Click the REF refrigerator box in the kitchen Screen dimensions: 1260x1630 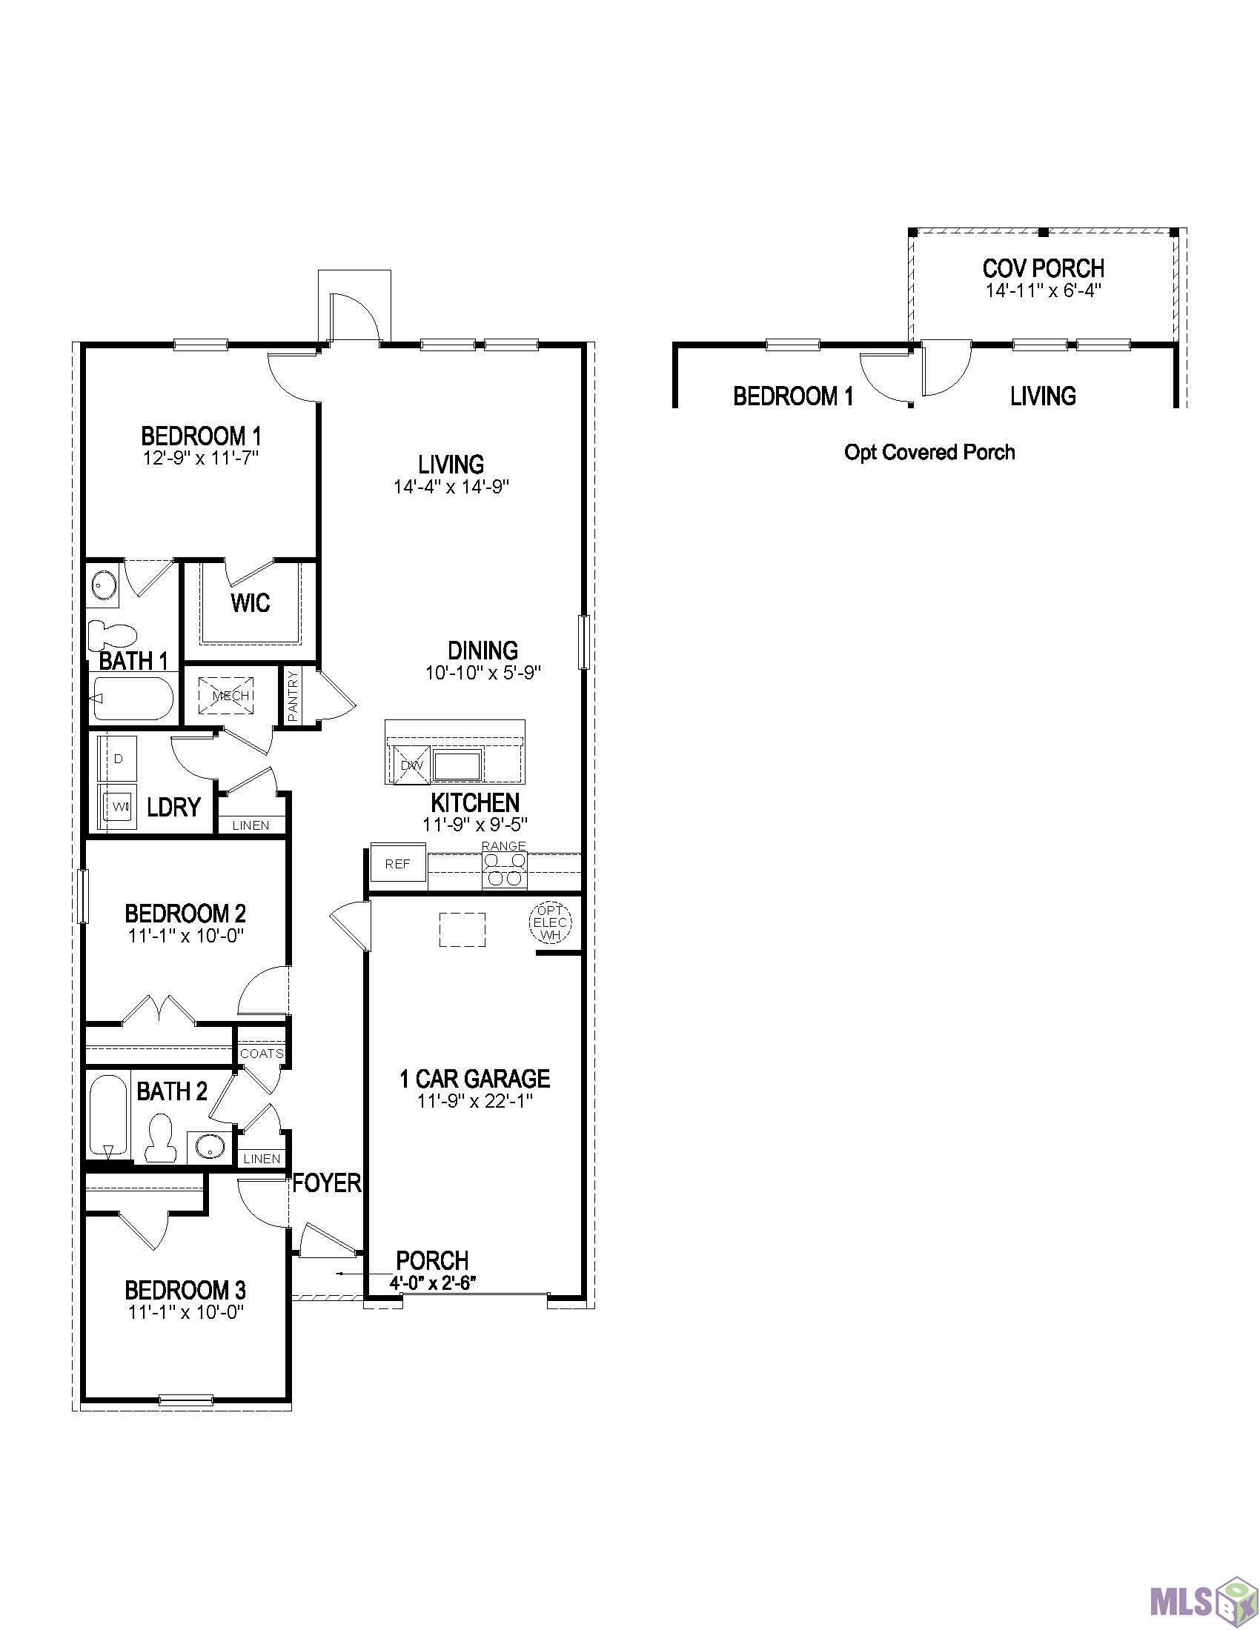pyautogui.click(x=399, y=864)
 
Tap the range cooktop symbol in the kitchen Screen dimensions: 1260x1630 pyautogui.click(x=505, y=870)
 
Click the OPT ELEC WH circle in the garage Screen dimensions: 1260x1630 pyautogui.click(x=551, y=922)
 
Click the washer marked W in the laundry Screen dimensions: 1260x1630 pyautogui.click(x=119, y=806)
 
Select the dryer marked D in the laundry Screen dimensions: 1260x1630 pyautogui.click(x=118, y=758)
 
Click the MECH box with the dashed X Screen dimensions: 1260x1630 pyautogui.click(x=226, y=696)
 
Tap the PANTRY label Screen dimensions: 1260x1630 pyautogui.click(x=293, y=696)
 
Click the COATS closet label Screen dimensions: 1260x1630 pyautogui.click(x=262, y=1054)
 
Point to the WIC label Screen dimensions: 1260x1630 pyautogui.click(x=251, y=603)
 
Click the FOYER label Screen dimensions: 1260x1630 pyautogui.click(x=327, y=1183)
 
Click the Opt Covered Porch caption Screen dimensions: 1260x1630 pyautogui.click(x=929, y=452)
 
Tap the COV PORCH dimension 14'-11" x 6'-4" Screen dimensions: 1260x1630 pyautogui.click(x=1044, y=290)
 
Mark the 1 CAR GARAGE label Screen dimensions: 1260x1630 pyautogui.click(x=476, y=1079)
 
